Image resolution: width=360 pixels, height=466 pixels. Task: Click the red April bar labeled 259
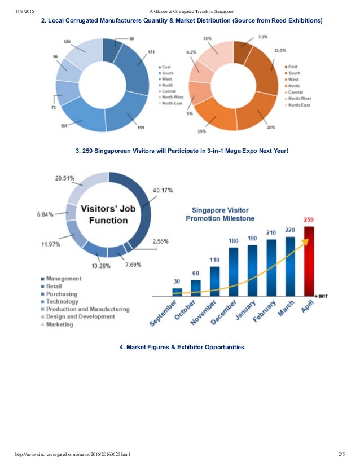pos(308,261)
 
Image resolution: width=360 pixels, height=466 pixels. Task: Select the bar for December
pos(233,271)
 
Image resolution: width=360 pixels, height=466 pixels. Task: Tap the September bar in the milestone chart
pos(177,292)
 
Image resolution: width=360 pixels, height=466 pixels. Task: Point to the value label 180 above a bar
pos(233,241)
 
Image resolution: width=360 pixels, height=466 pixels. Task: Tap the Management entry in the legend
pos(64,279)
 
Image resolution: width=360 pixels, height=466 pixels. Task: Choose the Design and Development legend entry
pos(80,317)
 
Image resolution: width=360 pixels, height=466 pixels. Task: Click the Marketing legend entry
pos(60,325)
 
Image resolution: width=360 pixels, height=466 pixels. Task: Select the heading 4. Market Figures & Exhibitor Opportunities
pos(182,347)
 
